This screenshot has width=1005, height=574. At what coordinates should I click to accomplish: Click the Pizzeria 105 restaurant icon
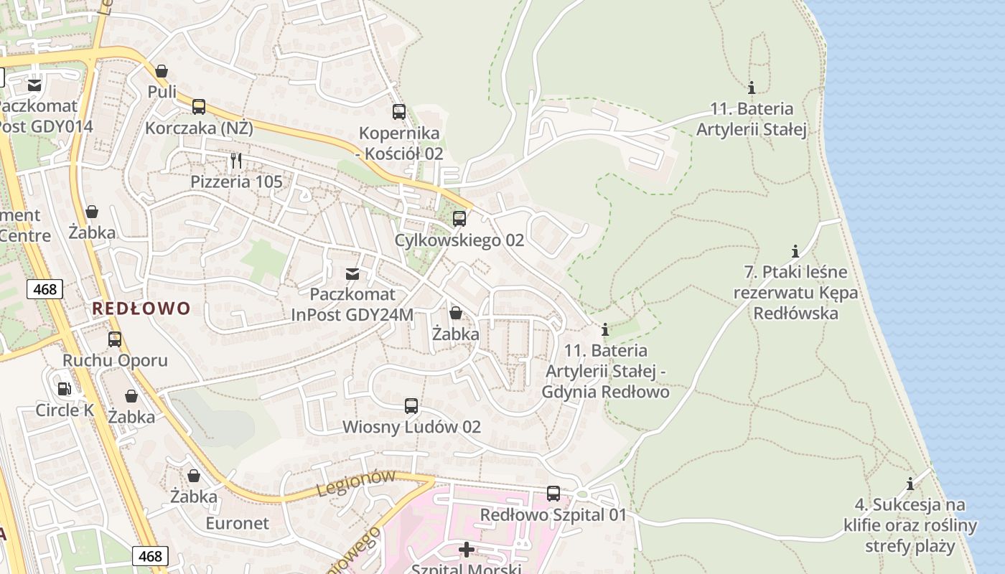(236, 160)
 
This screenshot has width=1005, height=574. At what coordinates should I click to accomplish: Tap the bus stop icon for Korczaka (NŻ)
(199, 107)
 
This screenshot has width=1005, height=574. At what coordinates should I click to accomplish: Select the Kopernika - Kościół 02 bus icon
(399, 112)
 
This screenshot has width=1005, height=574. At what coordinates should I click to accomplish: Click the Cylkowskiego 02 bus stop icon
(459, 219)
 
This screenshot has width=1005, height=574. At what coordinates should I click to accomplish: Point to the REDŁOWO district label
(141, 309)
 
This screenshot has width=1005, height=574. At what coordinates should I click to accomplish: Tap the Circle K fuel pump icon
(64, 389)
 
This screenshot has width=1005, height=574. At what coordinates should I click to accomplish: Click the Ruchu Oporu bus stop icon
(115, 339)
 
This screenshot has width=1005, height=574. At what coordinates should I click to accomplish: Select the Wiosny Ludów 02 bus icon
(411, 406)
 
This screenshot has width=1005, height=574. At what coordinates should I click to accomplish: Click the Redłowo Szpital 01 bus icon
(553, 494)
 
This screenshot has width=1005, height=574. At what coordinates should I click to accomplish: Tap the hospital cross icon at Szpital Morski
(467, 550)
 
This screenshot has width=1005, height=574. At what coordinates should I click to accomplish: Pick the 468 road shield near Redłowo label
(45, 289)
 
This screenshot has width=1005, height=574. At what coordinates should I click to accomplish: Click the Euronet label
(238, 523)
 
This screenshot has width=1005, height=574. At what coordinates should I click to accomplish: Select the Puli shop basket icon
(162, 71)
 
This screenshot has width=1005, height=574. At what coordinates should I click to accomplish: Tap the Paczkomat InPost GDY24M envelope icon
(352, 273)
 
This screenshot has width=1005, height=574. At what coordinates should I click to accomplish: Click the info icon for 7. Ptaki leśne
(795, 251)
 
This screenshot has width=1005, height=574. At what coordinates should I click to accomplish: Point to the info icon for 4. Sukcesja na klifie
(910, 484)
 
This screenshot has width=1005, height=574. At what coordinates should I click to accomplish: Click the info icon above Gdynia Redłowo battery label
(605, 330)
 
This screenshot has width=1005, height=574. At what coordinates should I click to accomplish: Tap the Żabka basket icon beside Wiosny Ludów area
(456, 313)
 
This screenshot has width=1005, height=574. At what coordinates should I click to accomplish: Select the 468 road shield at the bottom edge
(150, 556)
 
